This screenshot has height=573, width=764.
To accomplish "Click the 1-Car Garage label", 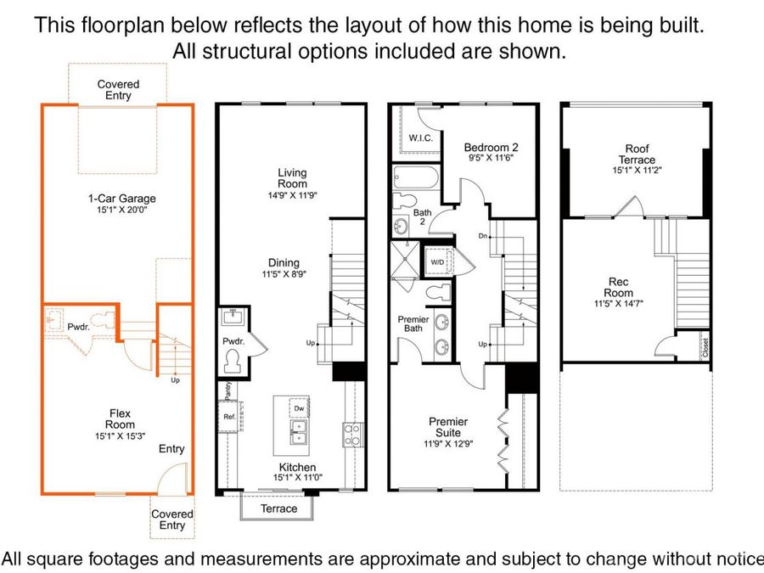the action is pos(121,199).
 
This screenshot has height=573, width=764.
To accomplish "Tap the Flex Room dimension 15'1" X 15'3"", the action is pos(121,436).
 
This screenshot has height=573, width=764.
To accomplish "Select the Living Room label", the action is pos(292,178).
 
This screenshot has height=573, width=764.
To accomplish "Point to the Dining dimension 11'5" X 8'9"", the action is pos(284,274).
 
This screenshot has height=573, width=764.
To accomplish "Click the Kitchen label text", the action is pos(297,467).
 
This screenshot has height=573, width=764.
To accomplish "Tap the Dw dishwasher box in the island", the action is pos(299,408).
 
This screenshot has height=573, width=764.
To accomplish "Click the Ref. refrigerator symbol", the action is pos(229,417).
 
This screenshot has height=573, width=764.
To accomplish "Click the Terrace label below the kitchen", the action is pos(278,508).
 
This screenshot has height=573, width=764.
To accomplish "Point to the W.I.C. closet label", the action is pos(420,138).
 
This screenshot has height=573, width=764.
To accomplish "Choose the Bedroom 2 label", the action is pos(492,147).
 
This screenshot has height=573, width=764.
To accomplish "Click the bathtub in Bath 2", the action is pos(416,177).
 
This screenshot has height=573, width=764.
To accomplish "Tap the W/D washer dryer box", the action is pos(437,262).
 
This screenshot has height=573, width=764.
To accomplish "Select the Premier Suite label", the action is pos(447,427).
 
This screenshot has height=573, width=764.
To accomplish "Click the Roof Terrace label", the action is pos(637,154).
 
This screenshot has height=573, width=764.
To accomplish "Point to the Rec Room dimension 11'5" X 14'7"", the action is pos(619,304).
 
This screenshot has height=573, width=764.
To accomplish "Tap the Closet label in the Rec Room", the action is pos(705,347).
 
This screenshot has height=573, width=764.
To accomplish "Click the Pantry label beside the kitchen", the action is pos(228,390).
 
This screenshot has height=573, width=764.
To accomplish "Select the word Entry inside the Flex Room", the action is pos(171,449).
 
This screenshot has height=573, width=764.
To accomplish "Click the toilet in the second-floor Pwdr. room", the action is pos(233,362).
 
